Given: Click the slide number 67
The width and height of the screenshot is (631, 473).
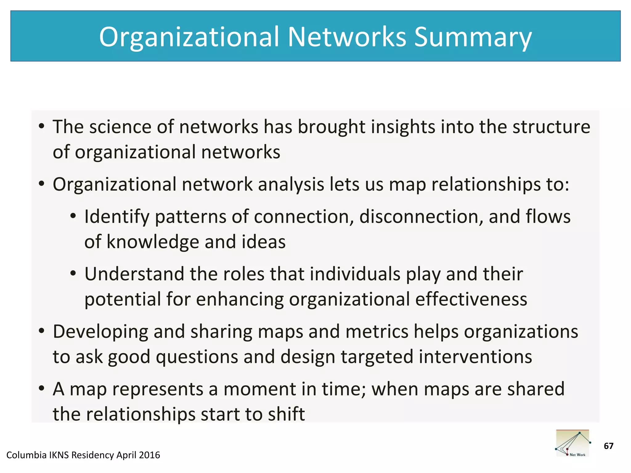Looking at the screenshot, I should point(609,446).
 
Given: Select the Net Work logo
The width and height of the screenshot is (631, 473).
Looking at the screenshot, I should point(572,443).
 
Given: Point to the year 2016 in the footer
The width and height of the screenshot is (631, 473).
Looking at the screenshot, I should point(149,455).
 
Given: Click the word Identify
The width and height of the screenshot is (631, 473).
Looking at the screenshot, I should point(117,216).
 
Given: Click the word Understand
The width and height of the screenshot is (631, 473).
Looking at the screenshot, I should point(134,274).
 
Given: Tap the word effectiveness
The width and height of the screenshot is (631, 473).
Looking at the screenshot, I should point(471,299).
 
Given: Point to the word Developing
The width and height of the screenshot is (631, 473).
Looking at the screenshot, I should point(100,332).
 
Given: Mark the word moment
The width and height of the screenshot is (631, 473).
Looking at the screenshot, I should point(260,389).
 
